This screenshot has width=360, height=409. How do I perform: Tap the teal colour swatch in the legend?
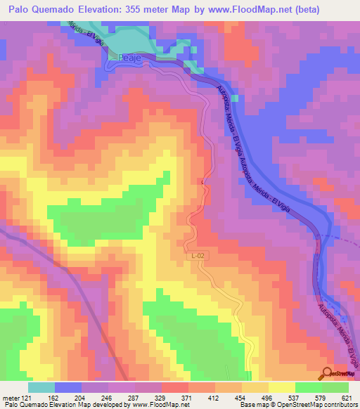click(41, 387)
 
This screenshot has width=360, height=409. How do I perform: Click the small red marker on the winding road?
click(203, 182)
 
